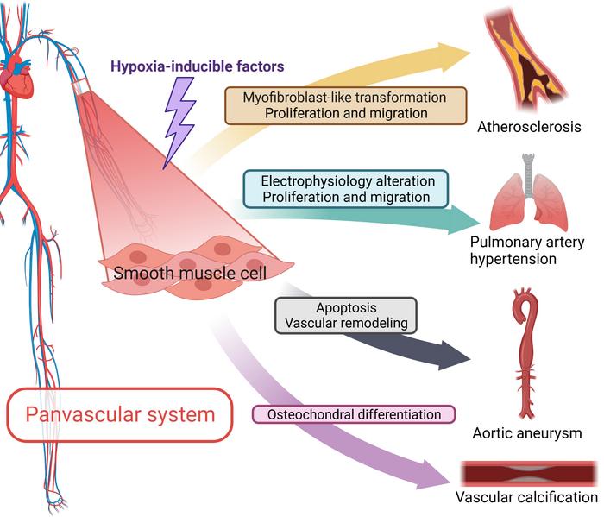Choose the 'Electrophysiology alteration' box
(x=345, y=188)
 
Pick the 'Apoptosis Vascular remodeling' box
(x=346, y=314)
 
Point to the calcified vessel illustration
(x=528, y=474)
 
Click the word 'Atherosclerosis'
(x=529, y=127)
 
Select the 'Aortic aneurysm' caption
(x=528, y=432)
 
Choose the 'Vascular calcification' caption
(x=526, y=498)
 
